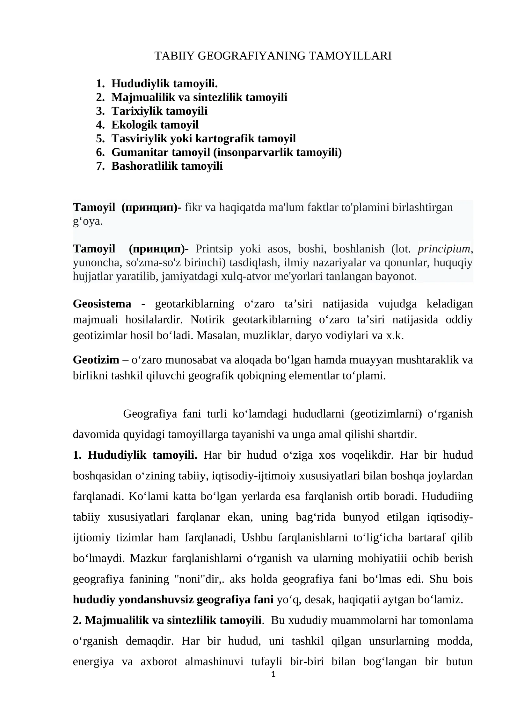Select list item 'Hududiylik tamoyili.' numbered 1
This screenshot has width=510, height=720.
tap(164, 84)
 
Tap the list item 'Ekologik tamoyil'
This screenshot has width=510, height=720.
tap(155, 125)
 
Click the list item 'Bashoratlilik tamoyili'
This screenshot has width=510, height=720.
tap(167, 166)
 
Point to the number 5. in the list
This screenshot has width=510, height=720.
tap(100, 139)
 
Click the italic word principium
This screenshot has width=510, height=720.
tap(444, 249)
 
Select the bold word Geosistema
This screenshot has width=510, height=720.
tap(102, 304)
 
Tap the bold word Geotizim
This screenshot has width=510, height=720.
tap(96, 360)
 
